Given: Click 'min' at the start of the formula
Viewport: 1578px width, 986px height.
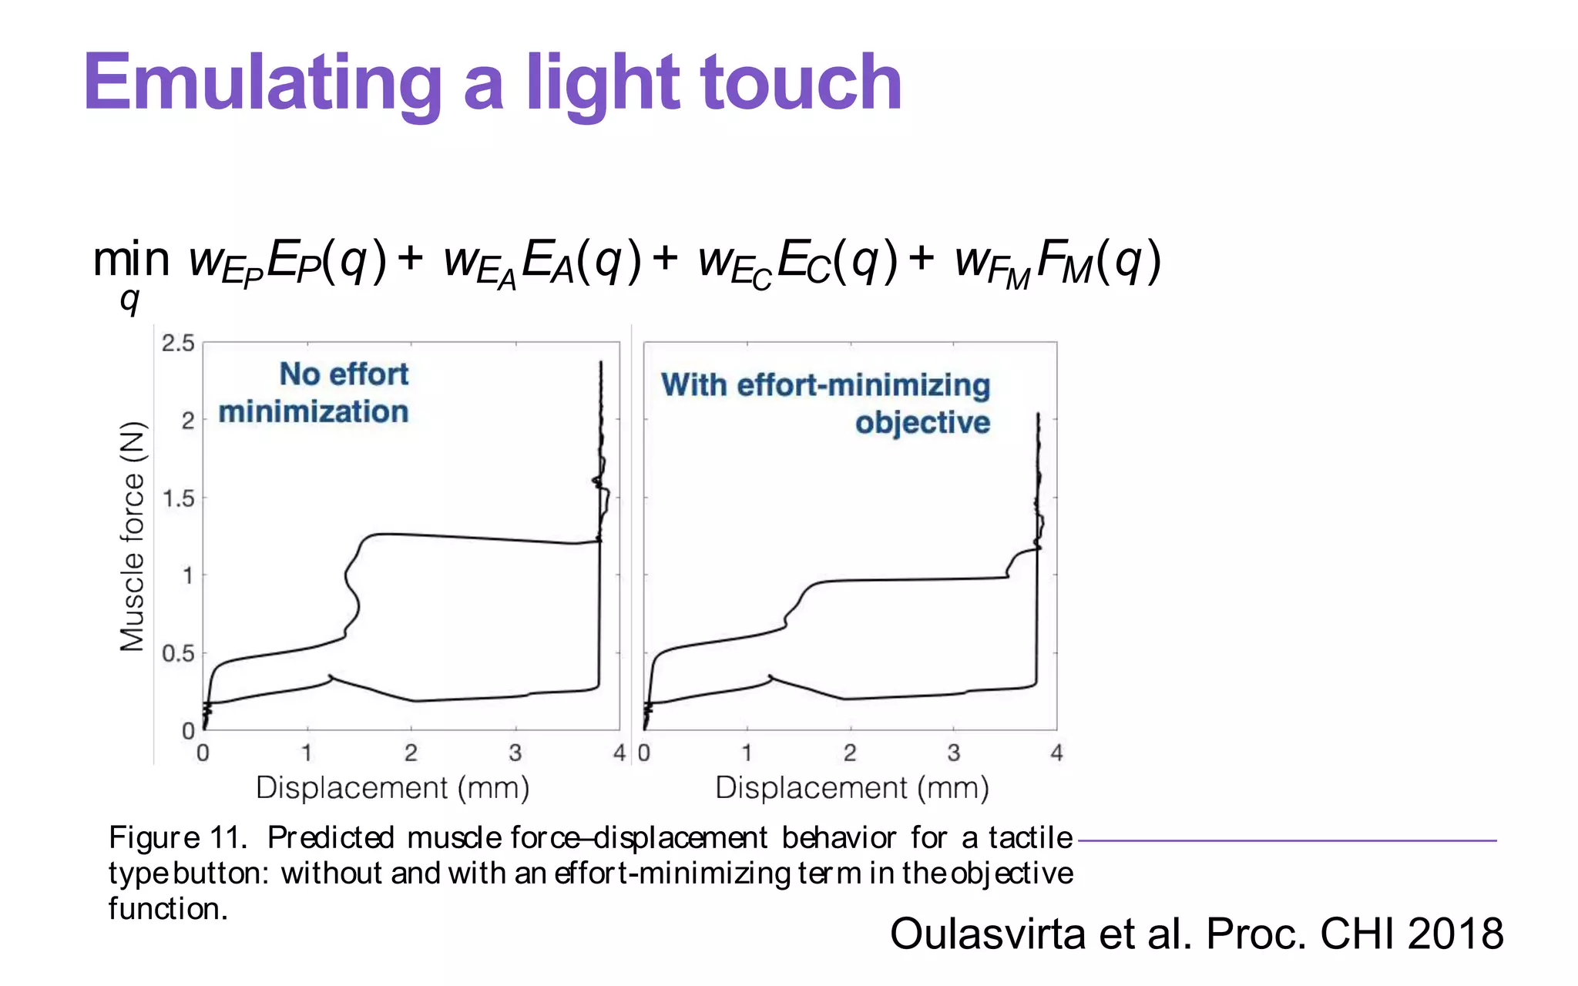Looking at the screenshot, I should click(x=131, y=260).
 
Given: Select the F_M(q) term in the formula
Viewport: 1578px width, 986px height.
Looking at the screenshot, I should click(x=1097, y=262).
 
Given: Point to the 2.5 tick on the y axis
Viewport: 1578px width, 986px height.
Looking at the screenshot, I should click(x=178, y=344).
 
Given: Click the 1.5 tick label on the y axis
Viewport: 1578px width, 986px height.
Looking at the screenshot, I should click(x=178, y=498).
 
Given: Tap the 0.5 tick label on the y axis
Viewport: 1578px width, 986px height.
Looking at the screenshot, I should click(x=178, y=654).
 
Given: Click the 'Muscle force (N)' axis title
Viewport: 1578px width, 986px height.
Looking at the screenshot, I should click(x=133, y=536).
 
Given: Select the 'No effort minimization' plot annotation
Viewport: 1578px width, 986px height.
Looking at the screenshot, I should click(x=314, y=393).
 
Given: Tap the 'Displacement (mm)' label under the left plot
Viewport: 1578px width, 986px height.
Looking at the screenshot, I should click(x=392, y=788).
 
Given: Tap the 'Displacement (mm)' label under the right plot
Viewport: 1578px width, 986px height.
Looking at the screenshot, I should click(x=851, y=788).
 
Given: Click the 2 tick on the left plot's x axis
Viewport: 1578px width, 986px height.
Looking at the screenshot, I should click(x=411, y=753).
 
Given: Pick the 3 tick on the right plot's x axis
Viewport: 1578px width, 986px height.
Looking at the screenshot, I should click(x=953, y=753).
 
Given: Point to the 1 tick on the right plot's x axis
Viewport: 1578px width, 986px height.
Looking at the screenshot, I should click(x=747, y=753).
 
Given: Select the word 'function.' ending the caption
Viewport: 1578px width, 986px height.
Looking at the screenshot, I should click(x=168, y=909).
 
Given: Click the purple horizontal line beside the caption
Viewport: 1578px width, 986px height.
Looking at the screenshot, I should click(x=1287, y=840).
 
